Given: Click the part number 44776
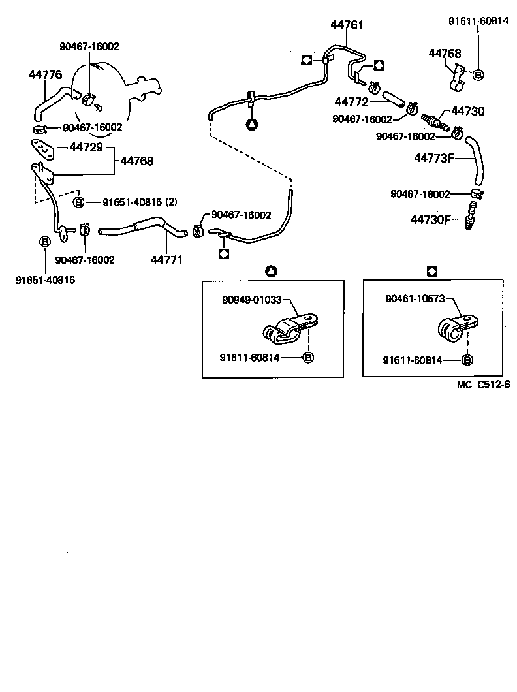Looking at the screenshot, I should click(45, 75).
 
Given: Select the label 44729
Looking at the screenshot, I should click(86, 148).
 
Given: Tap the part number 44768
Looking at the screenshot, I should click(136, 160).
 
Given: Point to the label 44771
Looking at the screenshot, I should click(166, 259).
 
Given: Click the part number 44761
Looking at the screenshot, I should click(347, 25).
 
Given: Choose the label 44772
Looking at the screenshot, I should click(352, 102).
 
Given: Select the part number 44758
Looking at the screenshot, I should click(445, 54).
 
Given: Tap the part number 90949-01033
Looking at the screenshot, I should click(252, 300).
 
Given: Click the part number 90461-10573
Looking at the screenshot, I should click(415, 299).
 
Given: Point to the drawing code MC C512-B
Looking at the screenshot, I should click(483, 385).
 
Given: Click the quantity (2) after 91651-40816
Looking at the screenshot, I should click(170, 202).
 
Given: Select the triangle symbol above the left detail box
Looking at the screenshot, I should click(272, 270).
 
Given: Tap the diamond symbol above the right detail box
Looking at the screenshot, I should click(431, 270).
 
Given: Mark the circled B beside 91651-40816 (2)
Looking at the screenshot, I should click(78, 202).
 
